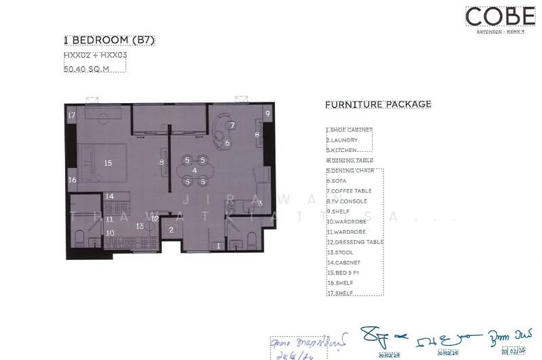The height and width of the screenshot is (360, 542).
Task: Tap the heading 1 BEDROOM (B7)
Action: tap(109, 41)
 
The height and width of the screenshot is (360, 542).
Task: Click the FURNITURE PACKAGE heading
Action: tap(378, 104)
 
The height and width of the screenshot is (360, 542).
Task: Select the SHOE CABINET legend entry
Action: tap(350, 130)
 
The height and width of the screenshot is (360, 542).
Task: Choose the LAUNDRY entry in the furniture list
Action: tap(342, 140)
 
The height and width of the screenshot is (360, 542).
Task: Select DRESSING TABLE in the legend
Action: tap(355, 242)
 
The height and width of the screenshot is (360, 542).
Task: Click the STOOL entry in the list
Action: tap(340, 252)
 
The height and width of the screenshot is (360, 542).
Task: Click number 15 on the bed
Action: tap(108, 163)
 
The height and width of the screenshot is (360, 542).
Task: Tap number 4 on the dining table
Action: tap(194, 170)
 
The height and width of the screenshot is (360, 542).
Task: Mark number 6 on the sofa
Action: tap(227, 143)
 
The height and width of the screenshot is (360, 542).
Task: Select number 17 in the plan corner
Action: tap(71, 115)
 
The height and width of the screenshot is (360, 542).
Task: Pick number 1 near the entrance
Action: tap(218, 246)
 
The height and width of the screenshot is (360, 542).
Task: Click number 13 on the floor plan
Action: tap(139, 226)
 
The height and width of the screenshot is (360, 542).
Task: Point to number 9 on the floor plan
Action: tap(268, 113)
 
